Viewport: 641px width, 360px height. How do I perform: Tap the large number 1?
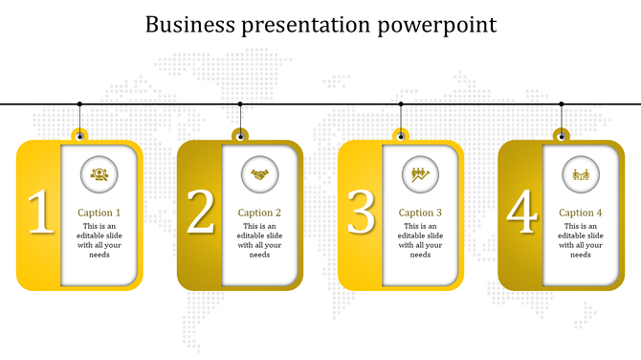pos(40,213)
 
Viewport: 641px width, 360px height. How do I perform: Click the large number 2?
pos(200,213)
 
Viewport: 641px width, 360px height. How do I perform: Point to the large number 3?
pos(361,213)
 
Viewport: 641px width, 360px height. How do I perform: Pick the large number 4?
pos(521,213)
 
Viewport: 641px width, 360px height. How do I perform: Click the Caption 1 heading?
pos(99,213)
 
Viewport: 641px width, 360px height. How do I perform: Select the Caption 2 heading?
pos(259,213)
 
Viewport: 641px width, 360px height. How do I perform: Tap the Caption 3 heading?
pos(420,213)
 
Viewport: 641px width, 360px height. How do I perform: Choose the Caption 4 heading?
pos(581,213)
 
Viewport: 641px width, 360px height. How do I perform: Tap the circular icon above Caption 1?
pos(99,173)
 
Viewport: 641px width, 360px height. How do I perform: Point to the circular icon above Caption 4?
pos(580,173)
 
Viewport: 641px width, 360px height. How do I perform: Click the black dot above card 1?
pos(79,103)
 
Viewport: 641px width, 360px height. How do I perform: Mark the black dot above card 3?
pos(401,103)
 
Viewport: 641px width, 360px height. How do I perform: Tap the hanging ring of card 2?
pos(240,134)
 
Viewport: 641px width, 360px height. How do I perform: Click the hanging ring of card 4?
pos(562,134)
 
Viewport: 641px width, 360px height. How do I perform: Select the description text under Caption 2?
pos(259,240)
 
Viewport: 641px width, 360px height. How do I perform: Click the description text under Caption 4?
pos(581,240)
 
